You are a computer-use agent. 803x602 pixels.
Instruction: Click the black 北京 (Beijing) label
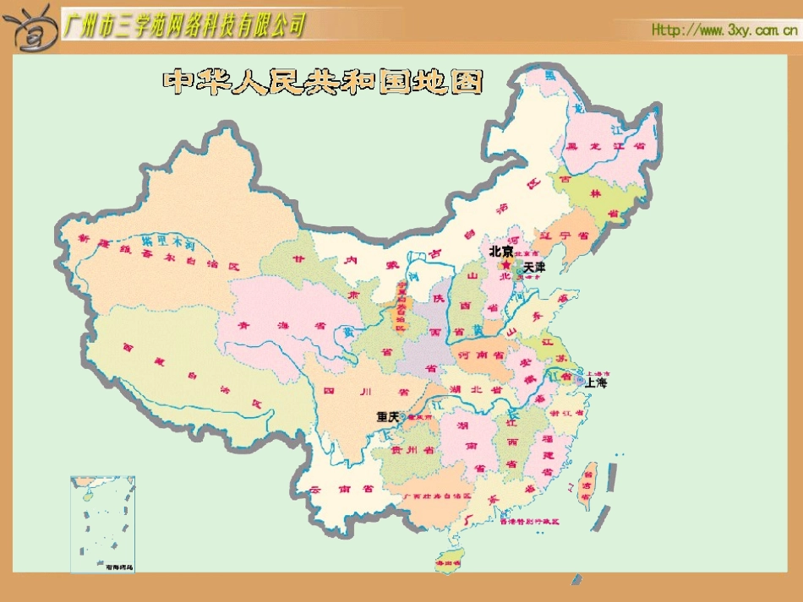500,252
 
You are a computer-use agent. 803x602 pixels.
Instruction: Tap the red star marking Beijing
506,264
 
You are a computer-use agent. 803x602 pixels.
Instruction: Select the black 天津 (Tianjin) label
534,267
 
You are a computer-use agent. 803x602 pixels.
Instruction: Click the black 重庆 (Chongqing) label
388,416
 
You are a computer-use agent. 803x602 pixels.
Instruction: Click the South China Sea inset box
102,523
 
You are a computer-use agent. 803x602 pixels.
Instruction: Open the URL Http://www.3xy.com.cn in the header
724,30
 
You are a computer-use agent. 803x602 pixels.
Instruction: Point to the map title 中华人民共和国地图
323,82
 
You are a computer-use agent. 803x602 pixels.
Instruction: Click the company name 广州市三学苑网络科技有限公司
184,26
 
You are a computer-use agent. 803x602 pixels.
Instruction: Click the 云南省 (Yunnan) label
341,489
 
